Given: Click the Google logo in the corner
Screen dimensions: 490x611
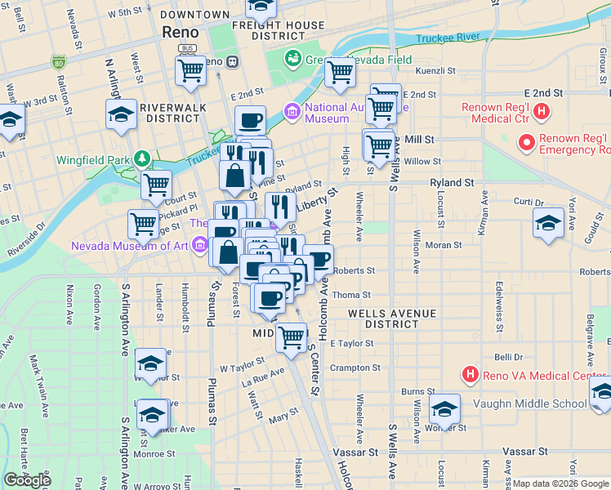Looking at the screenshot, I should point(28,480).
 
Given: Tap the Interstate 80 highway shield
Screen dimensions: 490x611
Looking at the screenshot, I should point(57,62).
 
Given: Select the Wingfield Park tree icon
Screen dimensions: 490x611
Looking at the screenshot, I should point(142,157).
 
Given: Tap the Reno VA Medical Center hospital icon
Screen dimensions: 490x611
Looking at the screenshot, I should point(470,376).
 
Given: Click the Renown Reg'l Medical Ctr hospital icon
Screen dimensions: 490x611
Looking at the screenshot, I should point(540,111).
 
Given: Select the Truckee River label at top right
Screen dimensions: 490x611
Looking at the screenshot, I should point(447,38).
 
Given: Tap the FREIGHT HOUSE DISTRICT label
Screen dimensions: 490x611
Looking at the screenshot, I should point(278,30).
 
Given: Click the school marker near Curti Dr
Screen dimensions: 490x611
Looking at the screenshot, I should point(547,222).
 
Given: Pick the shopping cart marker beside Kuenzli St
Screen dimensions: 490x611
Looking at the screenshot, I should point(340,72).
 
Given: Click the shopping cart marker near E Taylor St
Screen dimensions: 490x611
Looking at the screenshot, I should point(291,336).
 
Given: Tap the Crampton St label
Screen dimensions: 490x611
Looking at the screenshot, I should point(350,367).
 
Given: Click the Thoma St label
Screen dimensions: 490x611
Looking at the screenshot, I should point(352,295).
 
